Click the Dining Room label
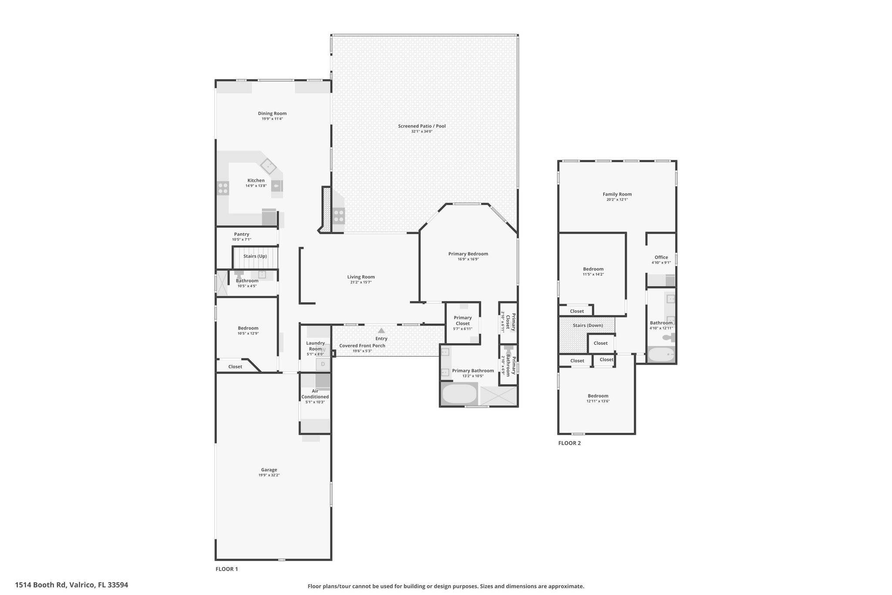click(x=272, y=113)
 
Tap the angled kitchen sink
click(x=268, y=166)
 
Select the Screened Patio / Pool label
click(x=422, y=126)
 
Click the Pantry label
click(x=242, y=234)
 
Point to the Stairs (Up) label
click(x=255, y=256)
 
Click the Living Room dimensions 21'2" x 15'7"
click(x=361, y=282)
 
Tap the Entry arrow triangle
click(x=382, y=331)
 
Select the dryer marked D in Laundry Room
click(x=323, y=364)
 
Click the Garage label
click(x=269, y=469)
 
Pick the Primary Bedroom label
click(x=468, y=254)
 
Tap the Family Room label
click(x=617, y=194)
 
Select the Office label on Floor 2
click(x=661, y=257)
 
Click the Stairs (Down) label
click(x=588, y=325)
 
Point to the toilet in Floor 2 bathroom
click(x=669, y=337)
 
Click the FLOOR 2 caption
click(x=570, y=443)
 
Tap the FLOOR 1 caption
click(x=227, y=569)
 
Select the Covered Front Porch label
click(x=362, y=346)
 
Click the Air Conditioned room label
click(x=315, y=394)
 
